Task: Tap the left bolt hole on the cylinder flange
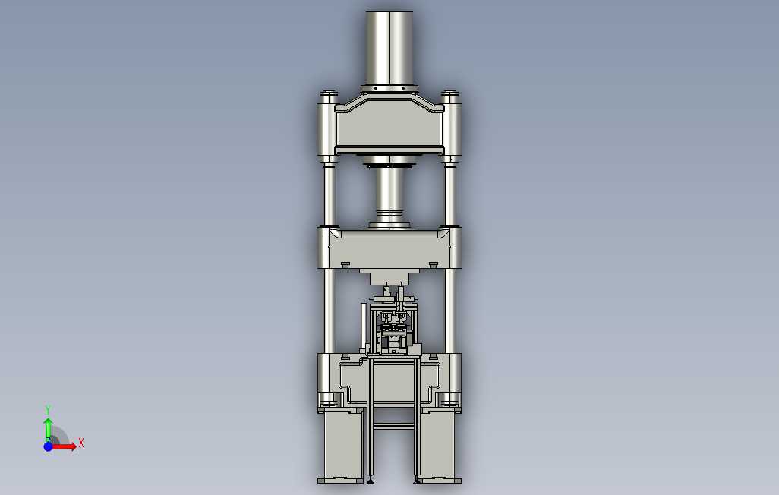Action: click(x=375, y=89)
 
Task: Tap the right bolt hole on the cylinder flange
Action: click(x=404, y=89)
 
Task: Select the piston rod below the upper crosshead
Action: click(x=389, y=196)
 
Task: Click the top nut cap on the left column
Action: click(x=329, y=94)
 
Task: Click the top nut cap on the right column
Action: click(x=449, y=94)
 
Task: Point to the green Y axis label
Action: click(x=48, y=409)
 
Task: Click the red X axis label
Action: click(x=81, y=443)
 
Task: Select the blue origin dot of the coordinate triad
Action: click(x=48, y=446)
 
